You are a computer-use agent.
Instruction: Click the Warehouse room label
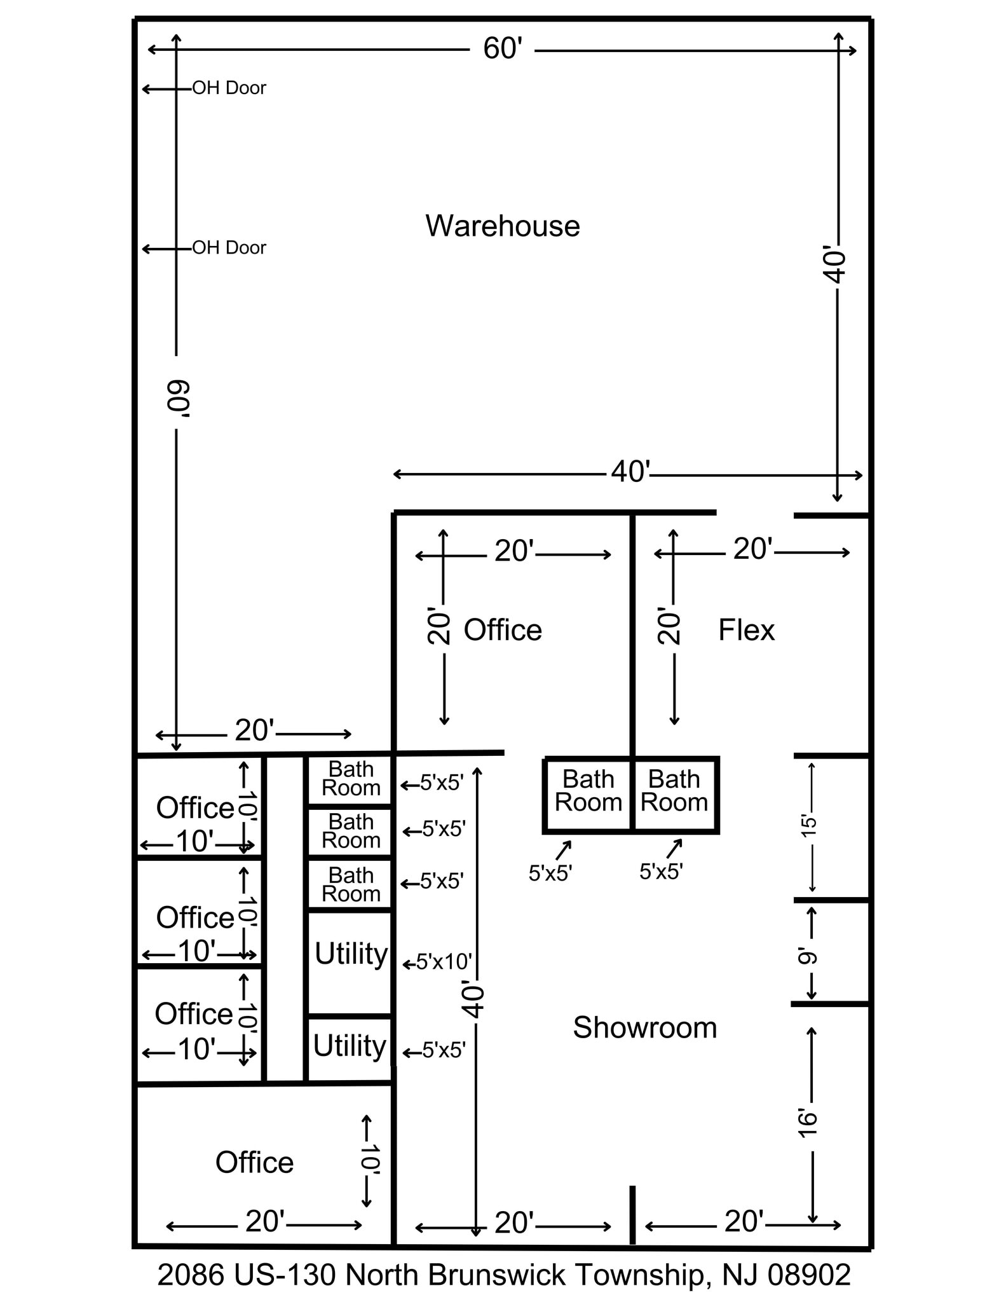coord(502,226)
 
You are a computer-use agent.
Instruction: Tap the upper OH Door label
coord(229,88)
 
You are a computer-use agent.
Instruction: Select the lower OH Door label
coord(229,247)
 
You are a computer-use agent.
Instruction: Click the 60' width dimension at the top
coord(502,49)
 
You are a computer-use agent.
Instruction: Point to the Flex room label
coord(746,630)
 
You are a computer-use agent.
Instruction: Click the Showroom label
coord(644,1028)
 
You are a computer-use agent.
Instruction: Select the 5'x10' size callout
coord(444,962)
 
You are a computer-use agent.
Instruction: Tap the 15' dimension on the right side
coord(808,826)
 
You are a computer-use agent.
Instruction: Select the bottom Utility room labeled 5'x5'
coord(350,1046)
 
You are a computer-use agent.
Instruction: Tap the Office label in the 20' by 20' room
coord(503,630)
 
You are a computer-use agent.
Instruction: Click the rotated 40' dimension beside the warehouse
coord(836,264)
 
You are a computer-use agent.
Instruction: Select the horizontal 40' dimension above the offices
coord(630,472)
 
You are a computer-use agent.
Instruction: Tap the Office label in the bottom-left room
coord(254,1163)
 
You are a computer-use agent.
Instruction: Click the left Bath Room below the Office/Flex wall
coord(588,791)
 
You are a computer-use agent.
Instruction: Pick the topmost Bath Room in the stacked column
coord(351,779)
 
